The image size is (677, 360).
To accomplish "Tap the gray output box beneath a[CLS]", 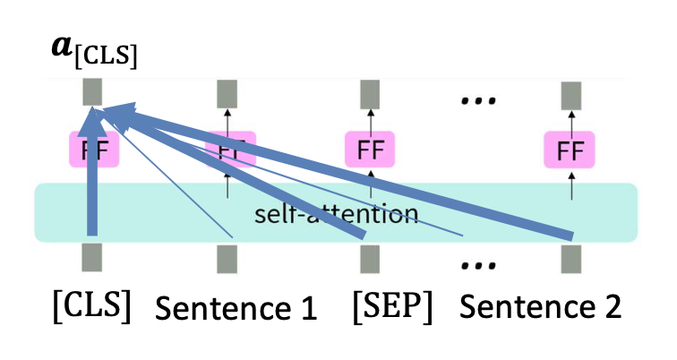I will coord(91,92).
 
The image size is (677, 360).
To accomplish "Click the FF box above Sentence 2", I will coord(569,150).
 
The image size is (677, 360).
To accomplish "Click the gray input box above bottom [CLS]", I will coord(91,257).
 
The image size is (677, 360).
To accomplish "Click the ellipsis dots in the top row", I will coord(477,100).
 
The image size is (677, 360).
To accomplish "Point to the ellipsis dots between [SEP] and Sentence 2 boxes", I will coord(477,266).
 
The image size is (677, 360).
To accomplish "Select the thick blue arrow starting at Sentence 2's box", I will coord(358,175).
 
